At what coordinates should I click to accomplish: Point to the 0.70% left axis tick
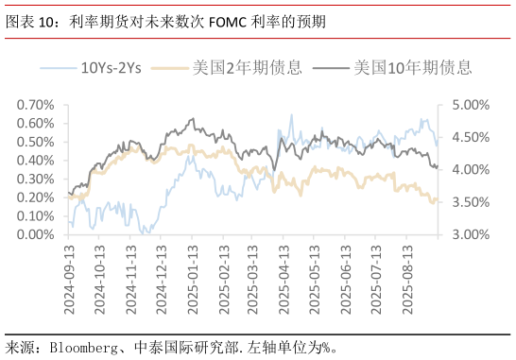pos(36,104)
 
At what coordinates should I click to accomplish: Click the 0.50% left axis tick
pos(36,142)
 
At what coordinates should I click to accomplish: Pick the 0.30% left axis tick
pos(36,179)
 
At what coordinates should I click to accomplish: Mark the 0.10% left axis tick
pos(36,215)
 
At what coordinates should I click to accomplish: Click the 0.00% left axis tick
pos(36,234)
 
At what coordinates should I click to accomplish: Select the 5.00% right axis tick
pos(467,104)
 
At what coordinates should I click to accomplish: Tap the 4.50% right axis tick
pos(467,137)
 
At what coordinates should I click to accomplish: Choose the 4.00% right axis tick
pos(467,169)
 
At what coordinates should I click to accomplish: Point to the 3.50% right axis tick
pos(467,202)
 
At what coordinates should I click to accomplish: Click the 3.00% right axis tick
pos(467,234)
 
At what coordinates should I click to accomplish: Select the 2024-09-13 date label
pos(72,276)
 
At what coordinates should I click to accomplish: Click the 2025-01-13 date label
pos(194,276)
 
